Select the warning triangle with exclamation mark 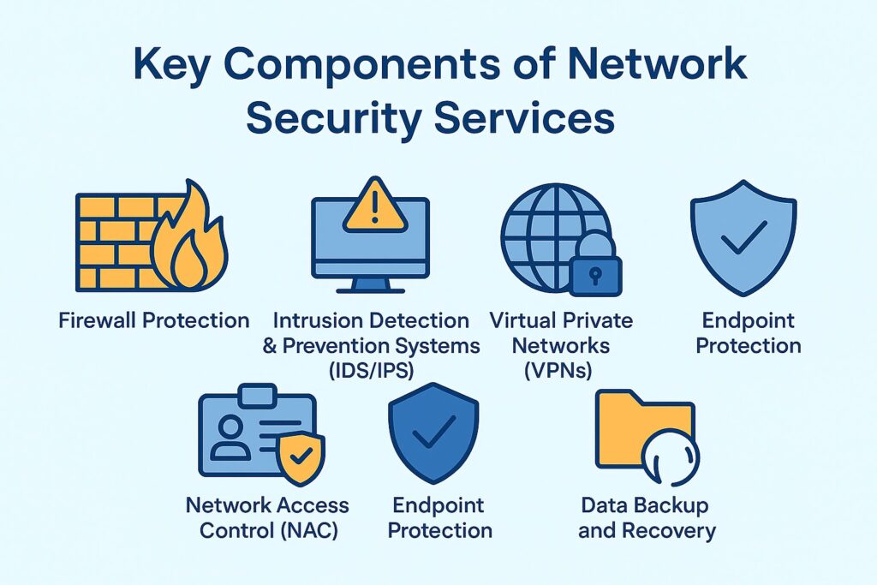375,206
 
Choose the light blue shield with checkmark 743,236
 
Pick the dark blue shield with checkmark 433,433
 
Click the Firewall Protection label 154,321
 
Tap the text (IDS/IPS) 371,371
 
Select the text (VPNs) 561,371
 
